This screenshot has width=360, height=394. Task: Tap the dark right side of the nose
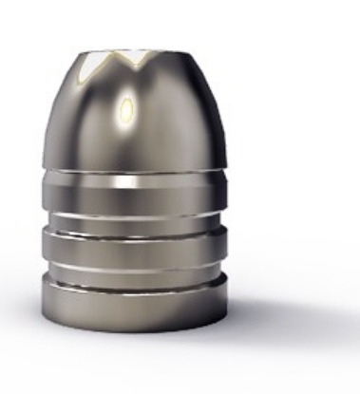pos(204,123)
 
